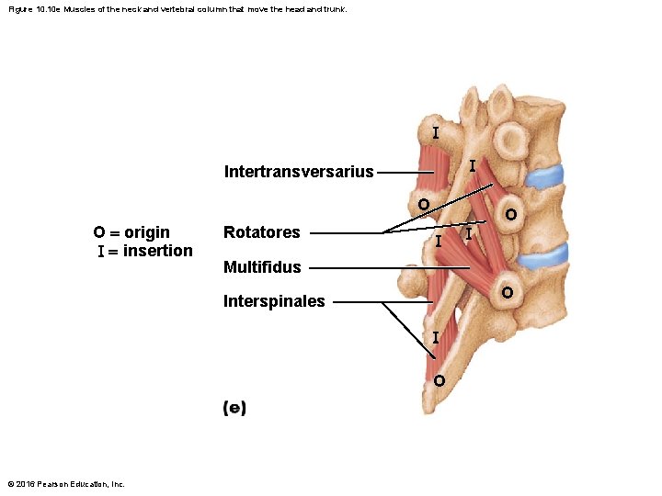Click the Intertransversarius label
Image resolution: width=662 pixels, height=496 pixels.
coord(299,172)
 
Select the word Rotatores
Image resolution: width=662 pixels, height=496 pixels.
coord(261,232)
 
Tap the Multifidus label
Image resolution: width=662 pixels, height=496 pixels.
coord(262,267)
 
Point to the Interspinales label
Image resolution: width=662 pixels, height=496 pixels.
coord(274,301)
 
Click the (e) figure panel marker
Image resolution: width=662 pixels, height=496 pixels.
coord(234,409)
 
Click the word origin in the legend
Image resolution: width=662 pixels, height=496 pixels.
coord(147,231)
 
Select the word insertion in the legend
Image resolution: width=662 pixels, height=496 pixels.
coord(158,251)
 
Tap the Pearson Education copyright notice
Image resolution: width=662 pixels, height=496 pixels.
coord(66,484)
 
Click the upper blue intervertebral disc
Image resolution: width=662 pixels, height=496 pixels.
coord(546,175)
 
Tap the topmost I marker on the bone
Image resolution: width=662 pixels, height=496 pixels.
coord(435,132)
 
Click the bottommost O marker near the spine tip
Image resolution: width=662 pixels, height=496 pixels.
coord(439,380)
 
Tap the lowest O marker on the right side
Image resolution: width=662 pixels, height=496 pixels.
coord(507,293)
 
